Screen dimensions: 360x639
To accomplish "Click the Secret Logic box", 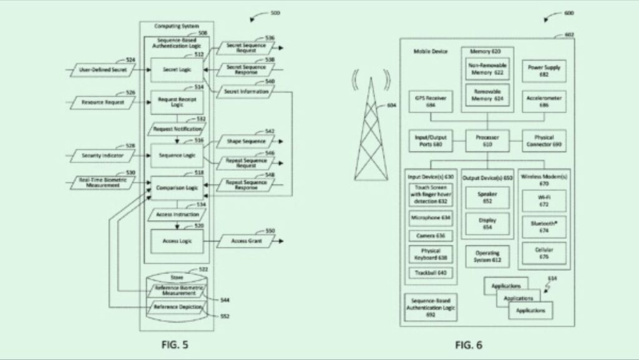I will coord(177,70).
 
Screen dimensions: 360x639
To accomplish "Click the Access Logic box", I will coord(177,240).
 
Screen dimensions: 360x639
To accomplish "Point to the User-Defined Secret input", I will coord(103,71).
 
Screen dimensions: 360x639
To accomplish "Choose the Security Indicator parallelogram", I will coord(103,154).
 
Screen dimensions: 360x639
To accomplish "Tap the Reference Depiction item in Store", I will coord(178,307).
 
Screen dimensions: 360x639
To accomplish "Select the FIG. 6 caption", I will coord(468,344).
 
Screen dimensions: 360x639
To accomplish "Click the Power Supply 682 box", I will coord(539,71).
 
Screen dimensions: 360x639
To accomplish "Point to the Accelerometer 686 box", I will coord(539,102).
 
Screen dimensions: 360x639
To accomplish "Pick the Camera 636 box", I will coord(431,236).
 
